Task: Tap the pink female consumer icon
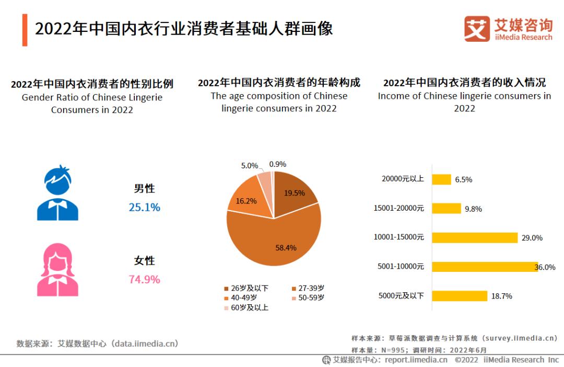(x=57, y=269)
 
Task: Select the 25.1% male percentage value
(x=144, y=208)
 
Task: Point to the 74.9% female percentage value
(x=144, y=280)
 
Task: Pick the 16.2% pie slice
(x=248, y=199)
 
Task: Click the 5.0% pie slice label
(x=250, y=166)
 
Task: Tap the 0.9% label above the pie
(x=277, y=164)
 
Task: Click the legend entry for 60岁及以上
(x=246, y=307)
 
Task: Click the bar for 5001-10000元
(x=485, y=267)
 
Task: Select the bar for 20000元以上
(x=441, y=179)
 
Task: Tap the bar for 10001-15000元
(x=474, y=237)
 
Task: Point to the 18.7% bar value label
(x=501, y=296)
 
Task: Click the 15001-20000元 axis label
(x=398, y=208)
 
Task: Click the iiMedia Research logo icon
(x=477, y=29)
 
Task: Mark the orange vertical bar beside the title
(x=25, y=30)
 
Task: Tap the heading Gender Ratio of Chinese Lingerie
(x=92, y=98)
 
